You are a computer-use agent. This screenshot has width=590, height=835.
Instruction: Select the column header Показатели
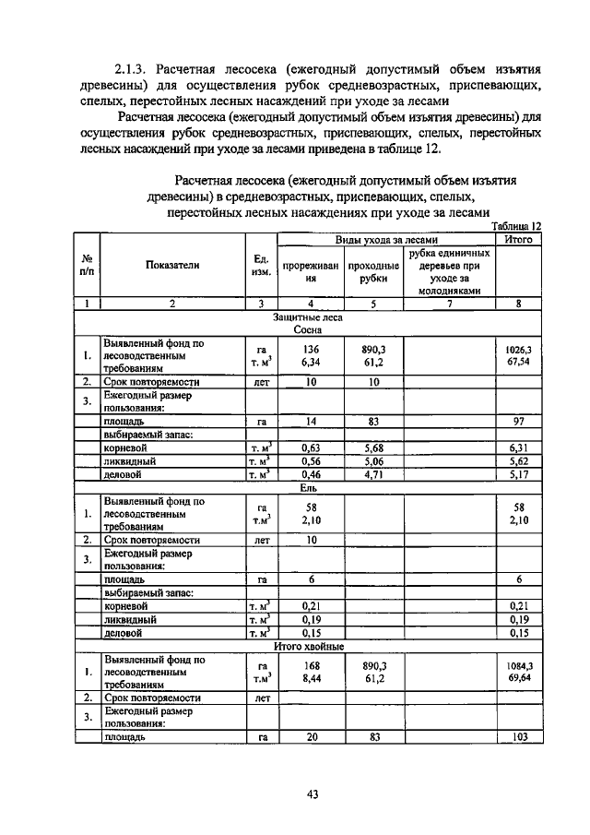[x=172, y=265]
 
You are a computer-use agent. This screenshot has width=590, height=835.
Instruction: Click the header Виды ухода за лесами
[x=385, y=238]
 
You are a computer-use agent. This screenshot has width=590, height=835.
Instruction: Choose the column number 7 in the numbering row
[x=449, y=303]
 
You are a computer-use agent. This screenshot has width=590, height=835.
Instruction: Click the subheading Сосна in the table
[x=307, y=328]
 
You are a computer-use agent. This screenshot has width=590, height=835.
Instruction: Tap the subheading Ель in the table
[x=307, y=488]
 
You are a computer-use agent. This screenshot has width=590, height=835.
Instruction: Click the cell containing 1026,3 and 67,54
[x=518, y=356]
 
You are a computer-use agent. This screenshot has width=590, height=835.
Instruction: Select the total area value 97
[x=518, y=422]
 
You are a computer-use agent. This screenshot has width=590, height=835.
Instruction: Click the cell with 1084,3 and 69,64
[x=518, y=673]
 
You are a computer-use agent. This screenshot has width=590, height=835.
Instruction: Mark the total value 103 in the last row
[x=518, y=738]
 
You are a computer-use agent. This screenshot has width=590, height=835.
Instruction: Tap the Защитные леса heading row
[x=307, y=316]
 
